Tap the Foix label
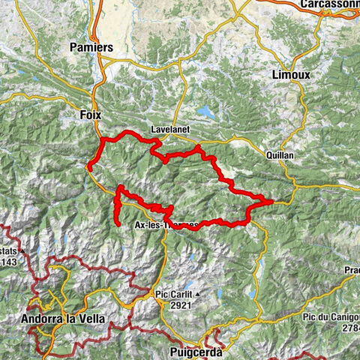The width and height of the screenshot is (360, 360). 89,115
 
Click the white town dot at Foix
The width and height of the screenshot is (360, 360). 96,127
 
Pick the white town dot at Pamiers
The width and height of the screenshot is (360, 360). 96,59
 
